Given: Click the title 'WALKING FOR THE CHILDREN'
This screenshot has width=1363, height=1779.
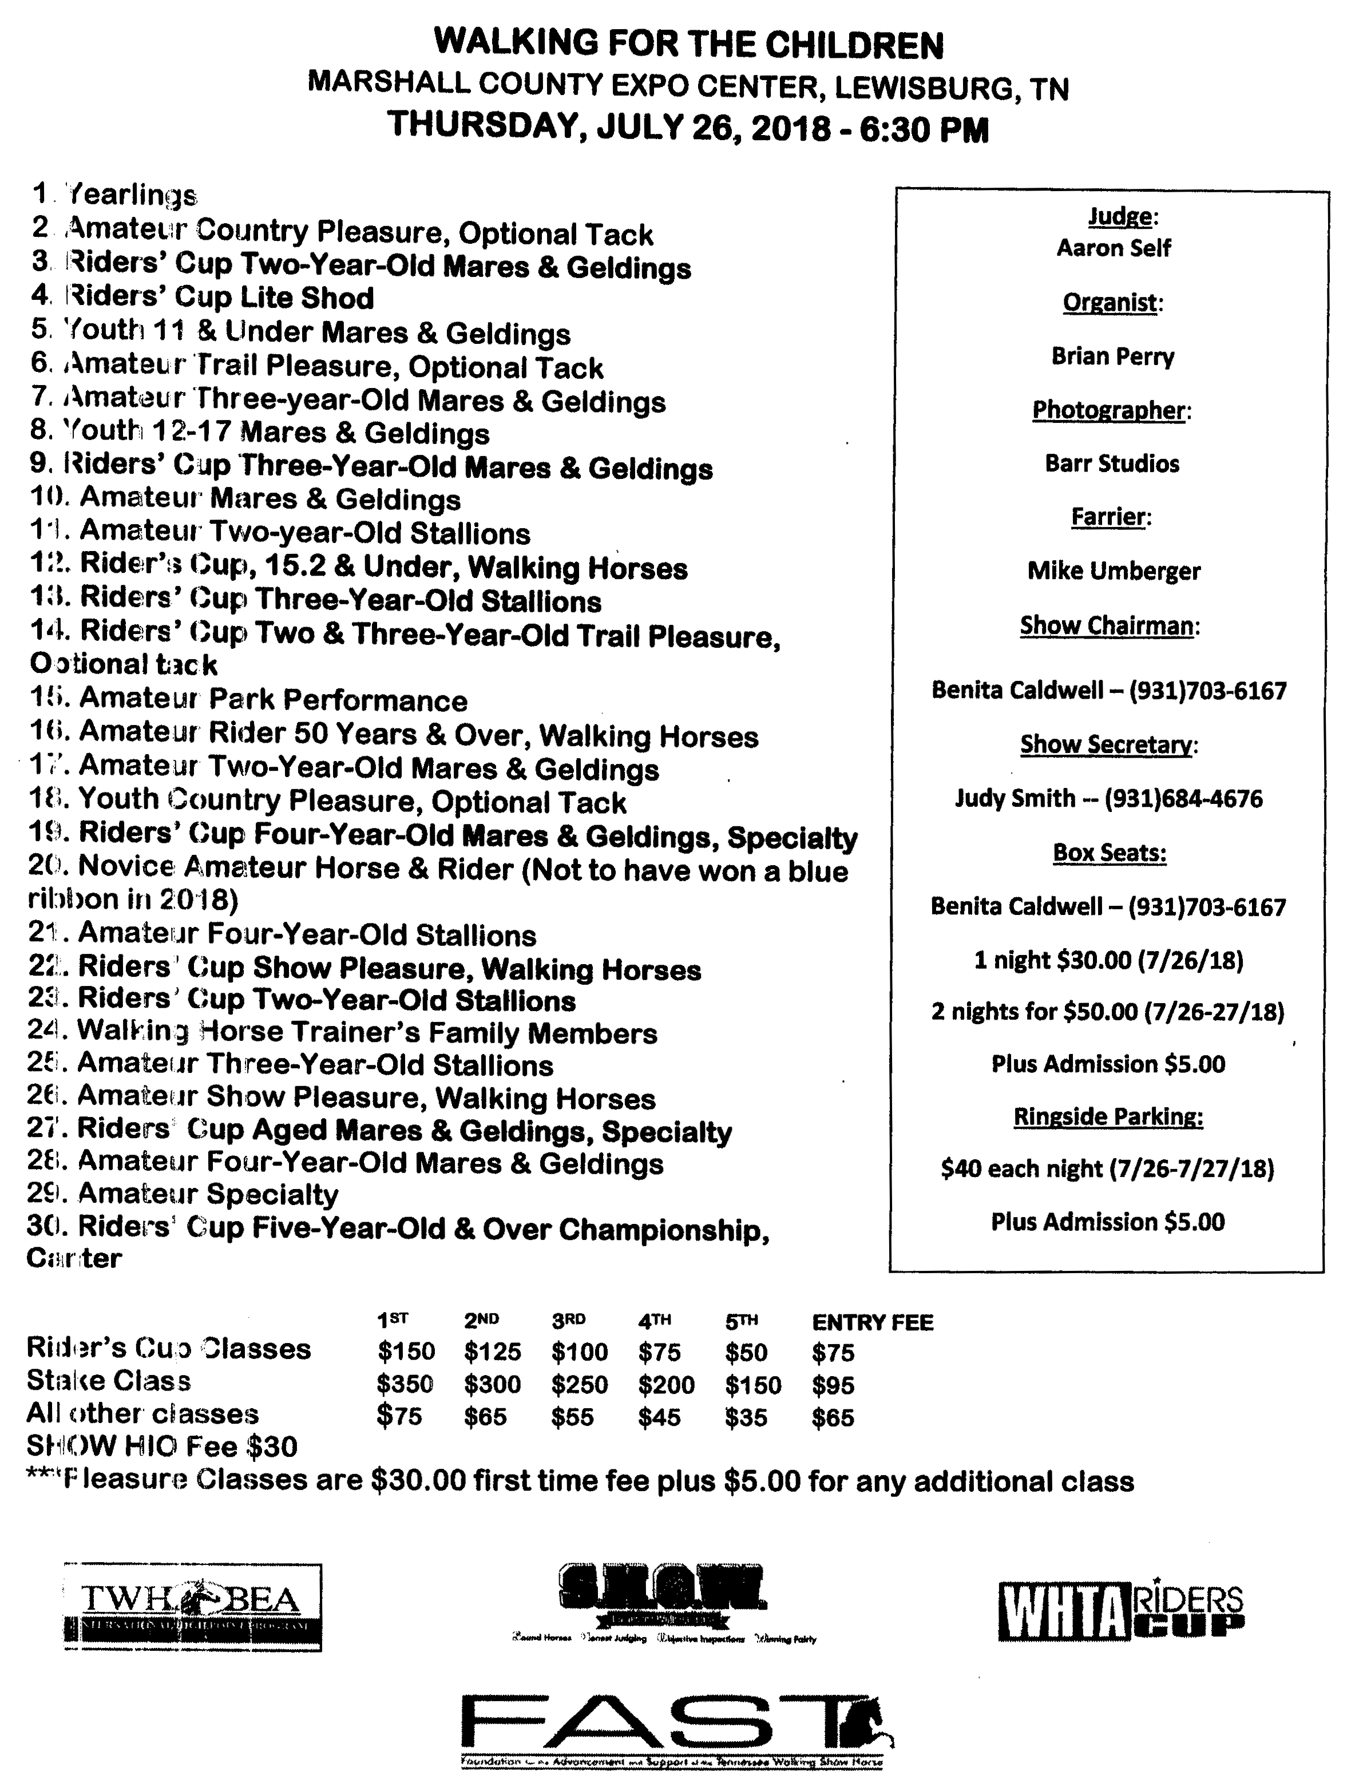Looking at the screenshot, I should tap(689, 45).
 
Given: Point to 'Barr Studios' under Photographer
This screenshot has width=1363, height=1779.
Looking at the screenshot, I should tap(1111, 463).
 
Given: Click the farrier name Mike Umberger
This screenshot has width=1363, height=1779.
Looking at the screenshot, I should tap(1113, 571).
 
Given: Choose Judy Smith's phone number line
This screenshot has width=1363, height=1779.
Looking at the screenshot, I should tap(1108, 798).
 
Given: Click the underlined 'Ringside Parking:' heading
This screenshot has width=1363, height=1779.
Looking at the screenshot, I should tap(1108, 1117).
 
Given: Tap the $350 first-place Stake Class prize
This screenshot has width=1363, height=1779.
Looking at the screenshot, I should tap(405, 1385).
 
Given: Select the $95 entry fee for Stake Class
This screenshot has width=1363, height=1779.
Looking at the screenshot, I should tap(833, 1385).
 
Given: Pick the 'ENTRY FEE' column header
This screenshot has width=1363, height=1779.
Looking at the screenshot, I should tap(872, 1323).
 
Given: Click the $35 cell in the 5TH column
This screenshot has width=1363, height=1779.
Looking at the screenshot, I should tap(746, 1417).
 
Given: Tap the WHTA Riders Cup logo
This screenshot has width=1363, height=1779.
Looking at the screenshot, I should tap(1120, 1611).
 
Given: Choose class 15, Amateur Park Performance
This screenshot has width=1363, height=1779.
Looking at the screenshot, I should tap(249, 699).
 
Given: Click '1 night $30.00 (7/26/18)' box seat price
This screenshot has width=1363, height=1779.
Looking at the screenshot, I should tap(1108, 961).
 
